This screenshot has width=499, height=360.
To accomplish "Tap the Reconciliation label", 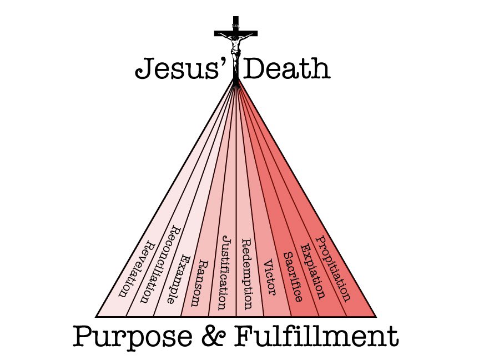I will coord(159,264).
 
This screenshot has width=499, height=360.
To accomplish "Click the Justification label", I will coord(223,272).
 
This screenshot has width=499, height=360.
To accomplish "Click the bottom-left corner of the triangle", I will coord(97,316).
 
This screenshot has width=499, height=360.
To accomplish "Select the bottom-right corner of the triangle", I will coord(376,316).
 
